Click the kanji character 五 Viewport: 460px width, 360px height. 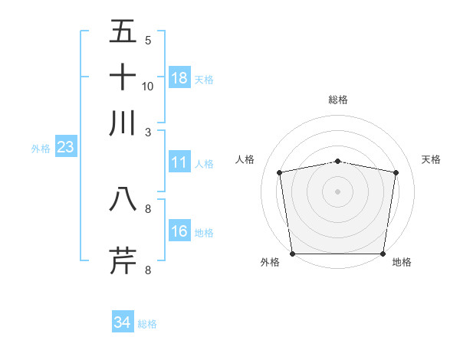point(123,31)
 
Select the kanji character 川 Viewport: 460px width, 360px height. point(123,123)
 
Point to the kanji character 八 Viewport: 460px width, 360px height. point(123,199)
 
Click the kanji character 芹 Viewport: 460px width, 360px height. point(123,260)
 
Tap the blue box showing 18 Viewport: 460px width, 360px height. point(179,78)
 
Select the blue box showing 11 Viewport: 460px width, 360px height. point(179,162)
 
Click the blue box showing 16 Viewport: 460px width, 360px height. point(179,231)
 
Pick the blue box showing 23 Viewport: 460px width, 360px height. point(64,147)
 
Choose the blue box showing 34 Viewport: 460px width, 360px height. point(123,322)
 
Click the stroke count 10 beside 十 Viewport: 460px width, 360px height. point(148,86)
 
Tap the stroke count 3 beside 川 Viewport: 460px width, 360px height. point(148,131)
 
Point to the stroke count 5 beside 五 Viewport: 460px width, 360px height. point(148,40)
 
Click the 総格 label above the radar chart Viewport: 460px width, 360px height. point(338,100)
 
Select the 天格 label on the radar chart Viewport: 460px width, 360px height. point(431,159)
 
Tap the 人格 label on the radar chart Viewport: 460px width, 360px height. point(245,159)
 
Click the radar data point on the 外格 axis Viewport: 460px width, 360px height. point(292,254)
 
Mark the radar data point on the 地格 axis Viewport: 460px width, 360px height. point(383,254)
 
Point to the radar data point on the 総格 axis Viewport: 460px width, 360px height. point(338,161)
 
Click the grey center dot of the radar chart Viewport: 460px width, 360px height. point(338,191)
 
